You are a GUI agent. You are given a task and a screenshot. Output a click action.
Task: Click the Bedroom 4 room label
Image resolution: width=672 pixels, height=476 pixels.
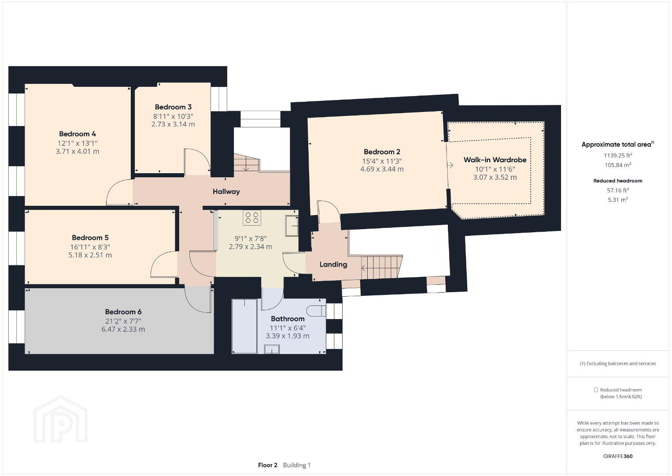click(78, 134)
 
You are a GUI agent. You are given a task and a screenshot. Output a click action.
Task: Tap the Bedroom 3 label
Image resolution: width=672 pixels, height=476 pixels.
click(173, 107)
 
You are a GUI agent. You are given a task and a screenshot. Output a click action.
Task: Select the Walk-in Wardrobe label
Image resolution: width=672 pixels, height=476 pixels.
click(495, 160)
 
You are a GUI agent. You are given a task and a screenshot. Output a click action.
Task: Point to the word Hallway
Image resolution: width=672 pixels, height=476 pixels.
click(226, 192)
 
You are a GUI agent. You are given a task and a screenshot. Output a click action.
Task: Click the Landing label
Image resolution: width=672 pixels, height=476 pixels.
click(333, 264)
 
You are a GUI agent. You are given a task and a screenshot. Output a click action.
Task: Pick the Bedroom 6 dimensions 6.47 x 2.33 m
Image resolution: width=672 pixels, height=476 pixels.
click(123, 329)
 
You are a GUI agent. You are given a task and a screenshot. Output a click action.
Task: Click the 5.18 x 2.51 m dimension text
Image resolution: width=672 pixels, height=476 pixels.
click(90, 255)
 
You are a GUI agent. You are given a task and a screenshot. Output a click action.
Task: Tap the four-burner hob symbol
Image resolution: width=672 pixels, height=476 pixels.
click(252, 218)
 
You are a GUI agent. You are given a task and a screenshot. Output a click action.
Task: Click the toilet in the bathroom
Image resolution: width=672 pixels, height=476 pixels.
click(317, 311)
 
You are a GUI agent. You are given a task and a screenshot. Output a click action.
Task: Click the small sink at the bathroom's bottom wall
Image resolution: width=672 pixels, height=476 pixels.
click(272, 349)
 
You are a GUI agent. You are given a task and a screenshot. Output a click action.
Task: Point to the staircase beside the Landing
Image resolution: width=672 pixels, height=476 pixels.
click(382, 267)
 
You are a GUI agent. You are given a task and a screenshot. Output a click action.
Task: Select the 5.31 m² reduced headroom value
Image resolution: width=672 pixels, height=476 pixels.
click(618, 200)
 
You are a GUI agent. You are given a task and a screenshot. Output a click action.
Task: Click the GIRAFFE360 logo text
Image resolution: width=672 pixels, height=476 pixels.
click(618, 456)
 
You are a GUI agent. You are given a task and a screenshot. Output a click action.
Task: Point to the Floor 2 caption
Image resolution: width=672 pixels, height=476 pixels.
click(268, 465)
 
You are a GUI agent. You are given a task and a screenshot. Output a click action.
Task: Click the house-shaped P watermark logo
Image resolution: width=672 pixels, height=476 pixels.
click(60, 419)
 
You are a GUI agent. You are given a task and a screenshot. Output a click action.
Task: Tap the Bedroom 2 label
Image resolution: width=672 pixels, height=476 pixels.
click(382, 152)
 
